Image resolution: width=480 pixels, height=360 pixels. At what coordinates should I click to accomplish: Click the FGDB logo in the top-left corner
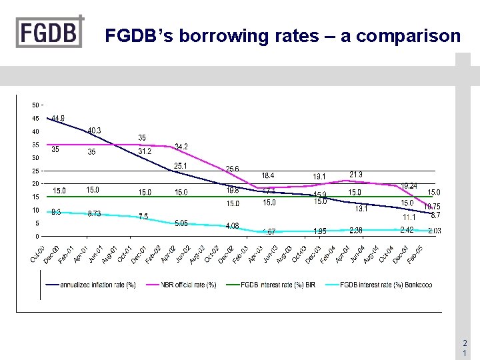pyautogui.click(x=50, y=32)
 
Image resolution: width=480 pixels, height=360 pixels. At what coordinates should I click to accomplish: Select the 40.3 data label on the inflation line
pyautogui.click(x=95, y=130)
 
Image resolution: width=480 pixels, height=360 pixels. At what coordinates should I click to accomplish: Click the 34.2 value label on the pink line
pyautogui.click(x=181, y=146)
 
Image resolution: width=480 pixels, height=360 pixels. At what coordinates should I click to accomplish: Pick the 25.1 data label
pyautogui.click(x=181, y=165)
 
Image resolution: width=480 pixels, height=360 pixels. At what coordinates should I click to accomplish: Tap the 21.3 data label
pyautogui.click(x=356, y=175)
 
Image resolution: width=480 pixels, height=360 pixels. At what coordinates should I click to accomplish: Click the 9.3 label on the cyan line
pyautogui.click(x=57, y=212)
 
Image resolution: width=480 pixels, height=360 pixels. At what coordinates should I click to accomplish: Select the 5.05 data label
pyautogui.click(x=181, y=223)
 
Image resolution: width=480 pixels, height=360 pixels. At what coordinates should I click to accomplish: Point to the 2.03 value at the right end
pyautogui.click(x=434, y=231)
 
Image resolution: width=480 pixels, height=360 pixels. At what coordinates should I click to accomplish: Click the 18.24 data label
pyautogui.click(x=409, y=186)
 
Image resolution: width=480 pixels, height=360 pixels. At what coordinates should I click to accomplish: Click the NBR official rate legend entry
pyautogui.click(x=191, y=285)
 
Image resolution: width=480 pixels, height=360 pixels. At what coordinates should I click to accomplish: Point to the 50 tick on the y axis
pyautogui.click(x=35, y=105)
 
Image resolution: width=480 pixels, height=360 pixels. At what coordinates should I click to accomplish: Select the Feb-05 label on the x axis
pyautogui.click(x=417, y=252)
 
